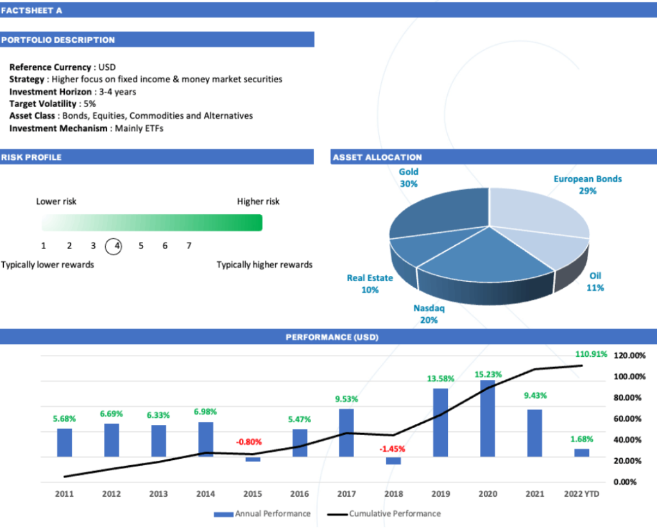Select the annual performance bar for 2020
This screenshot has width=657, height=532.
click(488, 418)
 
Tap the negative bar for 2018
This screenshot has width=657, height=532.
click(393, 461)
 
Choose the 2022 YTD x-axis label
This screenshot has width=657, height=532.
click(581, 493)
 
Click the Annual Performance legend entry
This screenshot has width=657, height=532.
click(262, 513)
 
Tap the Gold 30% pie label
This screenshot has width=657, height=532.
click(409, 178)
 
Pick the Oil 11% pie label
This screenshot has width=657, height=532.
click(595, 282)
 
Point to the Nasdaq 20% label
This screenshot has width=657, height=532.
click(429, 314)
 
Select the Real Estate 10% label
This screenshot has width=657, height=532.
click(370, 284)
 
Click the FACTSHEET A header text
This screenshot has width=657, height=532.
click(31, 11)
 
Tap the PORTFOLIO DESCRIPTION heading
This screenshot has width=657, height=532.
click(58, 40)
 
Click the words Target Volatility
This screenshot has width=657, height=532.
click(43, 103)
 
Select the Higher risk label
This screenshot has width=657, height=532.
click(258, 202)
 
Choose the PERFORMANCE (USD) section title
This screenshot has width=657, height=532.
click(332, 337)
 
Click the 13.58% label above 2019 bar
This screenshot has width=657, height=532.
click(441, 379)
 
